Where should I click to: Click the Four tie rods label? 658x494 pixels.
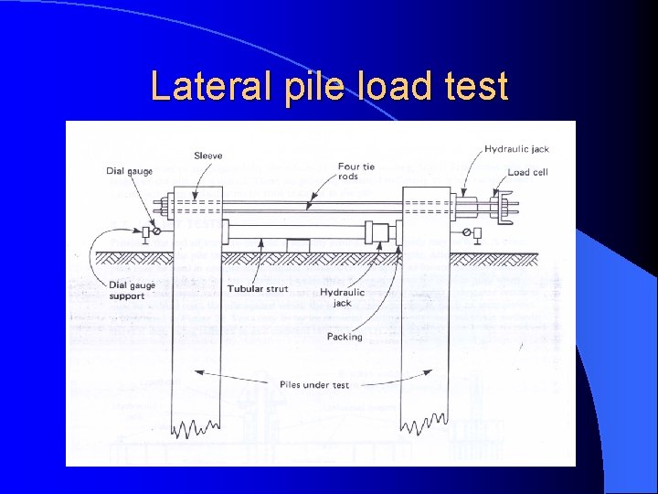[356, 171]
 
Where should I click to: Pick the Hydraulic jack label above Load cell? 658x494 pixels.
[516, 149]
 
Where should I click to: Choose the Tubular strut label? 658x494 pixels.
[258, 289]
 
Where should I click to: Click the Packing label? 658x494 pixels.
[345, 337]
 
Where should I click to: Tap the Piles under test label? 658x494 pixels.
[313, 385]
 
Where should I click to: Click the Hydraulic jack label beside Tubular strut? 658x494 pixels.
[342, 297]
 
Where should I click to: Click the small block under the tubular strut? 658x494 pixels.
[298, 244]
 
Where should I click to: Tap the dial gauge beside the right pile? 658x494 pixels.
[476, 233]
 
